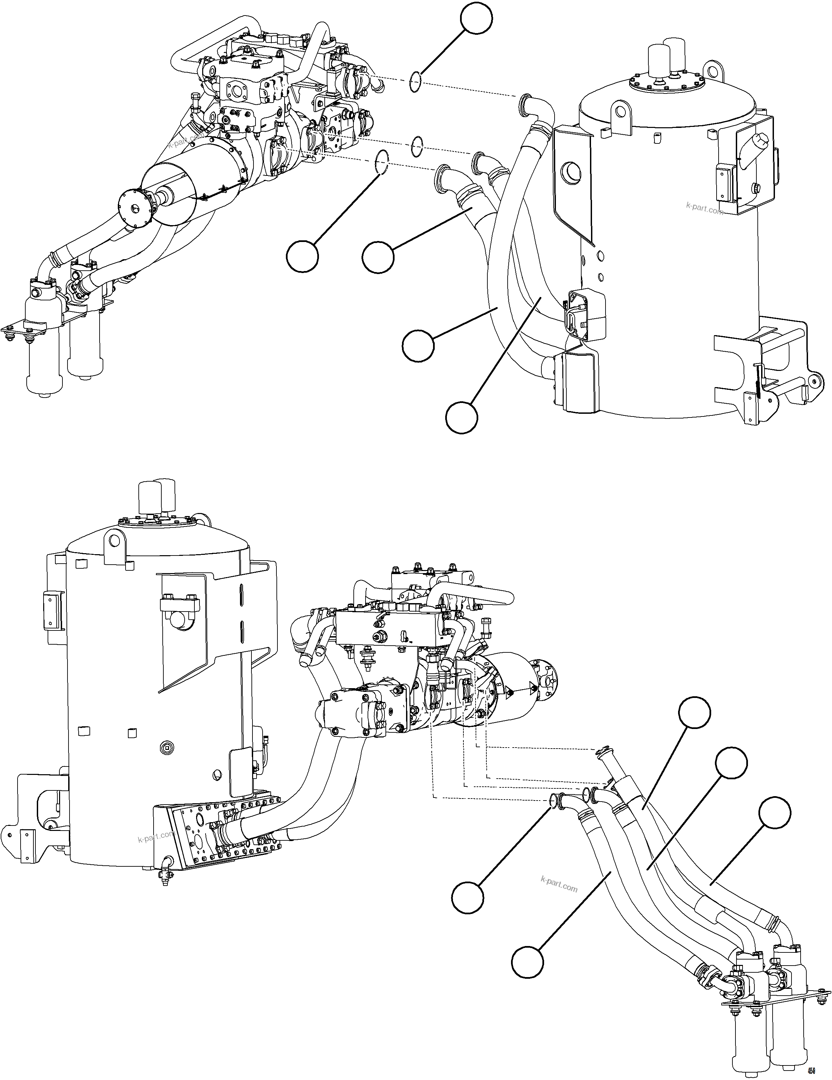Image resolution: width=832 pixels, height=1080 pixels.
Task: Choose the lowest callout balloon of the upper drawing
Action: click(x=461, y=418)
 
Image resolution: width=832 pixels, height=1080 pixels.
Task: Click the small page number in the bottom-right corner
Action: click(x=811, y=1070)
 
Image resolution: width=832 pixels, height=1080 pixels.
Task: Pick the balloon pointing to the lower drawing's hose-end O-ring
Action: click(x=467, y=897)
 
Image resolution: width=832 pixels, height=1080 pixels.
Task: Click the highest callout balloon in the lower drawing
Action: click(x=694, y=712)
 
